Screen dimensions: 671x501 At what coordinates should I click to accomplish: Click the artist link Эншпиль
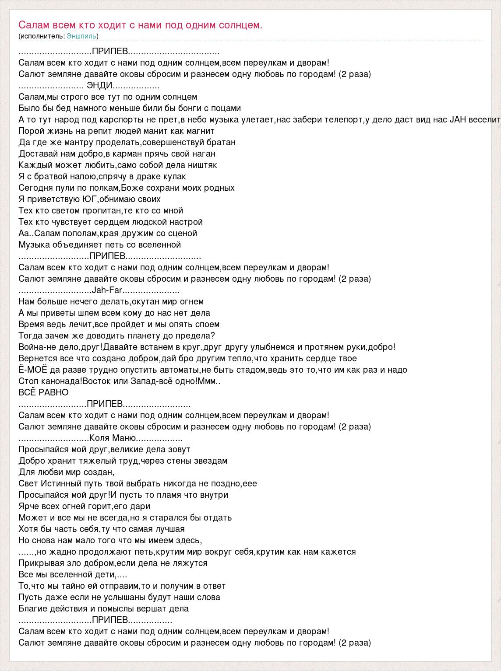[81, 36]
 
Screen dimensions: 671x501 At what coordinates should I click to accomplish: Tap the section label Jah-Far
[107, 290]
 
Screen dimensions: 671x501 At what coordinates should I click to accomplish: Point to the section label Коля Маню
[113, 438]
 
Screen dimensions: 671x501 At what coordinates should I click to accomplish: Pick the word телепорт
[343, 119]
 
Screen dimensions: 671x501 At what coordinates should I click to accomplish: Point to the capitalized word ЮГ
[89, 199]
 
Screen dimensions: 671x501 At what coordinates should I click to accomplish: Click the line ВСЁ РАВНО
[43, 392]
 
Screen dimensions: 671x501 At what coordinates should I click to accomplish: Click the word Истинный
[62, 483]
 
